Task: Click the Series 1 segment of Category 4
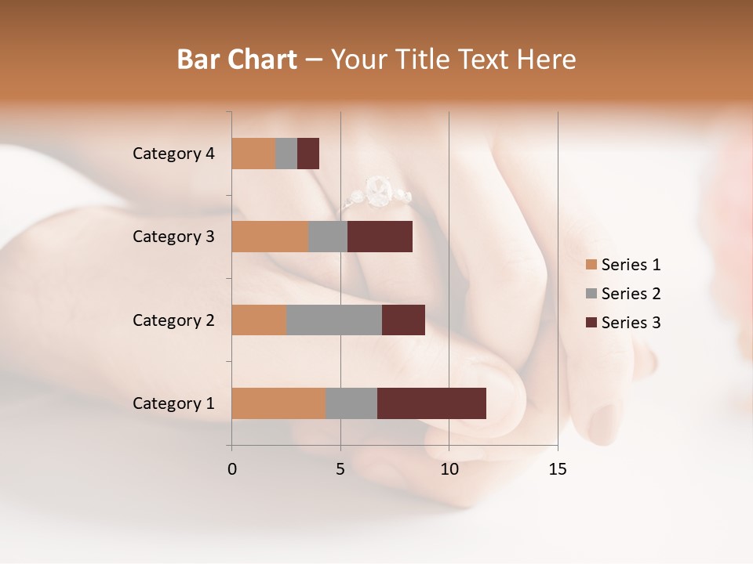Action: (253, 154)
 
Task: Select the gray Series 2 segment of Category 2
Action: (334, 320)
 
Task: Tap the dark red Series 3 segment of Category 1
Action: (431, 403)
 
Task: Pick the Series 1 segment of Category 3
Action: (270, 237)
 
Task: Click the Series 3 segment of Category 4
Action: (308, 154)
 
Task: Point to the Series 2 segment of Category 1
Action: (351, 403)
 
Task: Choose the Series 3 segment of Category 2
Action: (403, 320)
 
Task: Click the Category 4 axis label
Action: (173, 154)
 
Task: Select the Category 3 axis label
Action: (173, 237)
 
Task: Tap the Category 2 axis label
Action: (173, 320)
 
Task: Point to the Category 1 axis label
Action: (173, 403)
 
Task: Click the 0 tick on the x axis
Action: (232, 469)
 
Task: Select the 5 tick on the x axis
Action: (340, 469)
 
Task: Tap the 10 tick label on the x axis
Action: (449, 469)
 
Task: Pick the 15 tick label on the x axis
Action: (557, 469)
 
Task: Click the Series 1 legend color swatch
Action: (591, 265)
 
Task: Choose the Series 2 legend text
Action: (631, 294)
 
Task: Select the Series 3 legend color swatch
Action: (591, 323)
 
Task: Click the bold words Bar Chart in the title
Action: (237, 60)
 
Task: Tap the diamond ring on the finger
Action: (378, 192)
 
